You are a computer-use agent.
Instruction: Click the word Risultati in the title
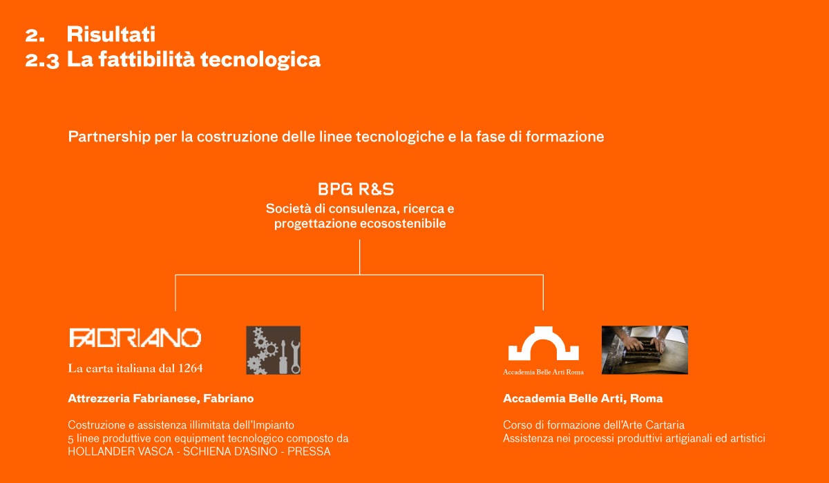(x=111, y=34)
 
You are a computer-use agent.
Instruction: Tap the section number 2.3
(x=42, y=61)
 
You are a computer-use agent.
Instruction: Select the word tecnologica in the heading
(x=260, y=60)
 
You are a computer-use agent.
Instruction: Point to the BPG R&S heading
(x=356, y=189)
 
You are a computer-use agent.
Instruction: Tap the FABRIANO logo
(x=135, y=338)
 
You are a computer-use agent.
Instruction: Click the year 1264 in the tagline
(x=191, y=368)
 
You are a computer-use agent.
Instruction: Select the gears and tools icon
(x=274, y=350)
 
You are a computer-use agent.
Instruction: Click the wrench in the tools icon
(x=295, y=357)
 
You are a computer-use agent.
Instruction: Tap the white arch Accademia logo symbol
(x=543, y=344)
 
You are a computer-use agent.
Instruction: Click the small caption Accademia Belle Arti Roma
(x=543, y=372)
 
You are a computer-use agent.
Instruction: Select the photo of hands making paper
(x=645, y=350)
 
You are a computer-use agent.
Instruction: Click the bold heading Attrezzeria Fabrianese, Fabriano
(x=161, y=398)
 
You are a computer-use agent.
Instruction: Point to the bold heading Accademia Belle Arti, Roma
(x=583, y=398)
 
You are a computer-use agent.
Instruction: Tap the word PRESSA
(x=309, y=451)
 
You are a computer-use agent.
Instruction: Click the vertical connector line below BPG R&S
(x=359, y=257)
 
